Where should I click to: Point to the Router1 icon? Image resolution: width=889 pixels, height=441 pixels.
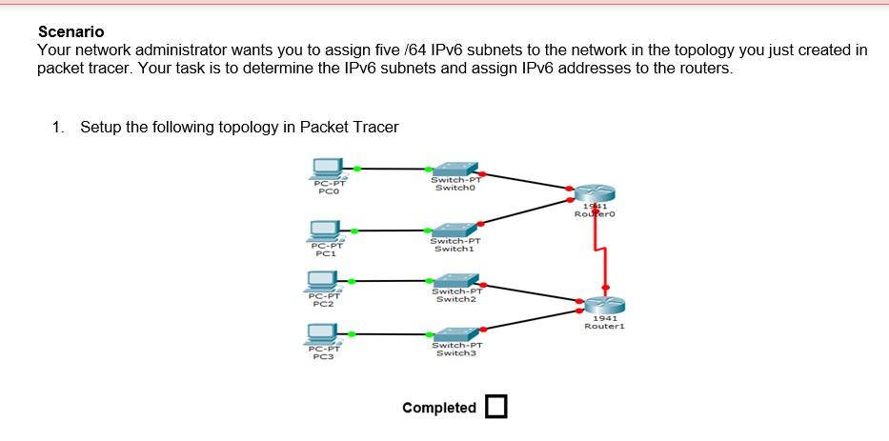point(602,304)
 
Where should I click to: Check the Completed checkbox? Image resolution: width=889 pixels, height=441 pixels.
point(495,407)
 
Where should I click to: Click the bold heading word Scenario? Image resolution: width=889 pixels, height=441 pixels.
point(71,32)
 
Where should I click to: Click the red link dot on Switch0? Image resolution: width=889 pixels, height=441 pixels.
point(484,174)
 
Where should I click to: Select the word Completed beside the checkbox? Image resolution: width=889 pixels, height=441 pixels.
point(438,408)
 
